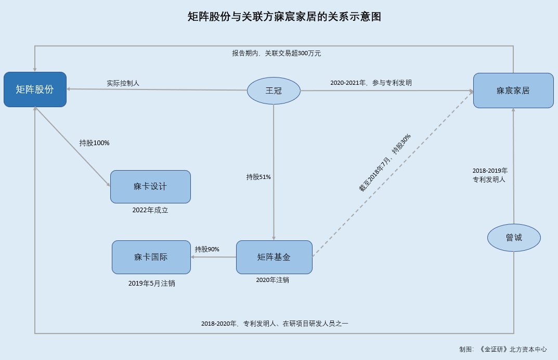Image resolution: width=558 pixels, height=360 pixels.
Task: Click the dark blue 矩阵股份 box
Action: (35, 89)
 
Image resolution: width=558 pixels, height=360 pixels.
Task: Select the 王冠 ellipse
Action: (274, 91)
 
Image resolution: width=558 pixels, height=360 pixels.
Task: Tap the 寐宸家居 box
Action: (513, 91)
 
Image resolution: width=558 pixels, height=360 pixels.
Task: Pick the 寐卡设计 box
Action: (150, 186)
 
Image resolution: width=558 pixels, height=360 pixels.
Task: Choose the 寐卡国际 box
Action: (151, 257)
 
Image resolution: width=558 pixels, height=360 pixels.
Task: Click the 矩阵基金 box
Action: (274, 257)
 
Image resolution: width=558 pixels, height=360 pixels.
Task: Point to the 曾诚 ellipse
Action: (513, 238)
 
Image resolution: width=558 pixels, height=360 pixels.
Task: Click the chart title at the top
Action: (284, 17)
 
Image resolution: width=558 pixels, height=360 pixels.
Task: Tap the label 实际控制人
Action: (123, 83)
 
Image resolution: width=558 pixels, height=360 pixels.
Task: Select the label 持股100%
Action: (94, 143)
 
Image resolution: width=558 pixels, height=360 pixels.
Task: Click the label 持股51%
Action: (258, 177)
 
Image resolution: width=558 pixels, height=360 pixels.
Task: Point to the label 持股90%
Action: (207, 249)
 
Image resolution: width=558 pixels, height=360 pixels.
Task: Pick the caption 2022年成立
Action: (150, 210)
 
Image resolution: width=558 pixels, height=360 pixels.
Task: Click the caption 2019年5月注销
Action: (152, 284)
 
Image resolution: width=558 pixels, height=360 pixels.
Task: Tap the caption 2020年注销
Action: (272, 280)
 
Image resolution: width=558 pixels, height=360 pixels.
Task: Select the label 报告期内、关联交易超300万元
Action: (277, 53)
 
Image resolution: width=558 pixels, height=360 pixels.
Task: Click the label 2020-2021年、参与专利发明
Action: (371, 83)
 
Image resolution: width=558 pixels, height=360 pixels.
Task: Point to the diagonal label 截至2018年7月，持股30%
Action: (385, 163)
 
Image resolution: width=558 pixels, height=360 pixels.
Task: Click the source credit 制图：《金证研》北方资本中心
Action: (503, 349)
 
